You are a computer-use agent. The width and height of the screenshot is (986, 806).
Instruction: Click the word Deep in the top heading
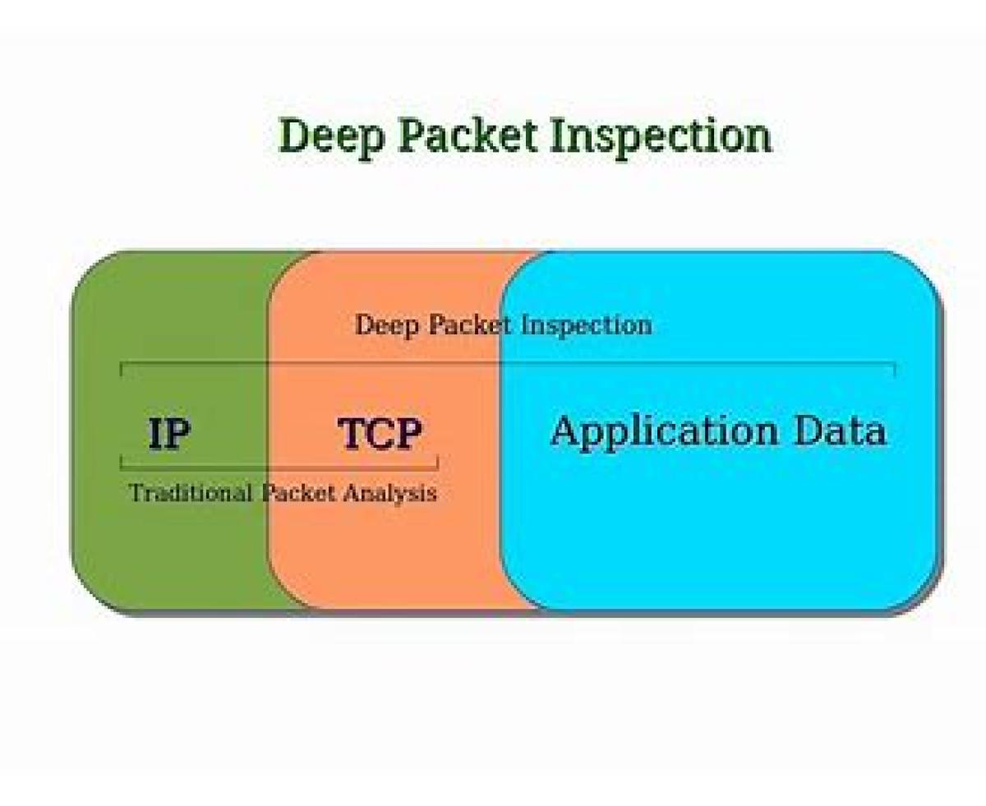pyautogui.click(x=331, y=136)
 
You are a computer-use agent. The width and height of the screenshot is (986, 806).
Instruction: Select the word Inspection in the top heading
pyautogui.click(x=661, y=136)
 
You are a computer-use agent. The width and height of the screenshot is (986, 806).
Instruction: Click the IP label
pyautogui.click(x=169, y=434)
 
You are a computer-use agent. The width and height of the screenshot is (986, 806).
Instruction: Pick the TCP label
pyautogui.click(x=380, y=434)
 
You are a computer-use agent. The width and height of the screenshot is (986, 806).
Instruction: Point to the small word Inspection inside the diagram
pyautogui.click(x=587, y=325)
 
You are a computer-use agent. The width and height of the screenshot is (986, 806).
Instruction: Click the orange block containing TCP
pyautogui.click(x=386, y=559)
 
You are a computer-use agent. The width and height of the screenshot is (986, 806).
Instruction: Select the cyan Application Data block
pyautogui.click(x=723, y=534)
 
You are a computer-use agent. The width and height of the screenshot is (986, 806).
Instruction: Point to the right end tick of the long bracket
pyautogui.click(x=895, y=369)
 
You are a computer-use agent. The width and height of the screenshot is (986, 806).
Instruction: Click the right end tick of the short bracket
pyautogui.click(x=437, y=463)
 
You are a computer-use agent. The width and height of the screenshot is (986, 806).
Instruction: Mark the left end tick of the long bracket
pyautogui.click(x=122, y=369)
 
